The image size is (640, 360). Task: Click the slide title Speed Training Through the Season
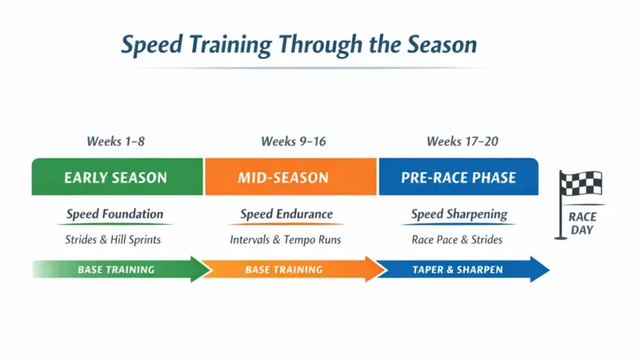coord(298,44)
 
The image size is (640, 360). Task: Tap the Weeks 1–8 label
coord(116,142)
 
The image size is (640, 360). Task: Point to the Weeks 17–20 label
coord(462,142)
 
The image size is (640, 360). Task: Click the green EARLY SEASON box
coord(116,177)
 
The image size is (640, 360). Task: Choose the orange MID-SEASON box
coord(290,177)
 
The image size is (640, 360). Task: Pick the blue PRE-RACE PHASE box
coord(458,177)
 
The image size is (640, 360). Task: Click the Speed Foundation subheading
coord(114,214)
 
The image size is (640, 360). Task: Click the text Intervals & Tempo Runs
coord(286,239)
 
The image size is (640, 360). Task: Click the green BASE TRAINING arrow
coord(120,270)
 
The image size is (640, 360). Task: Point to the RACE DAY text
coord(582,223)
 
